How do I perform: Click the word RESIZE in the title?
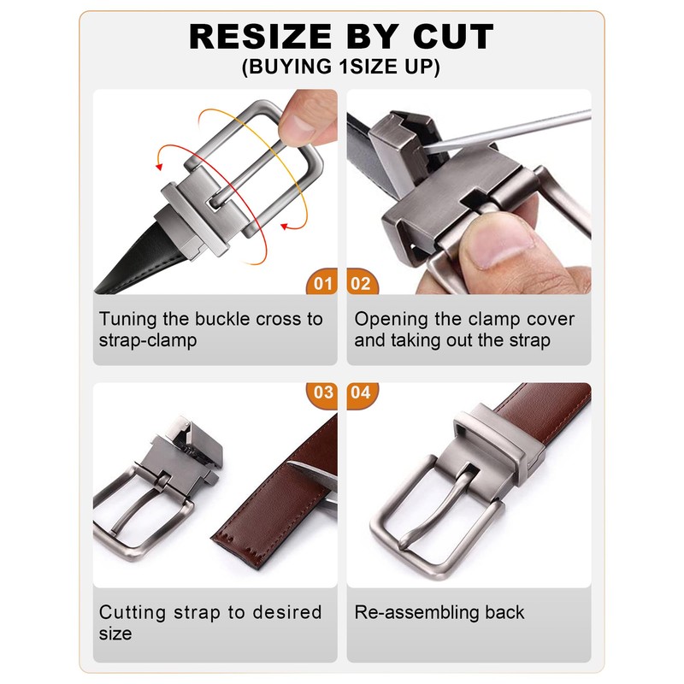click(x=261, y=37)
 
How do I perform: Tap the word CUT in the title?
click(x=453, y=37)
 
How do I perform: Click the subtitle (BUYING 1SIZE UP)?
click(x=341, y=67)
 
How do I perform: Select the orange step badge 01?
click(x=322, y=282)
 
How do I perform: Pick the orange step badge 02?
click(x=362, y=282)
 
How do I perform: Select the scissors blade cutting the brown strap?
click(x=312, y=475)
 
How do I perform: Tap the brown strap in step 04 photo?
click(x=545, y=415)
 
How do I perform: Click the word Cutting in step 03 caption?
click(x=133, y=612)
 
